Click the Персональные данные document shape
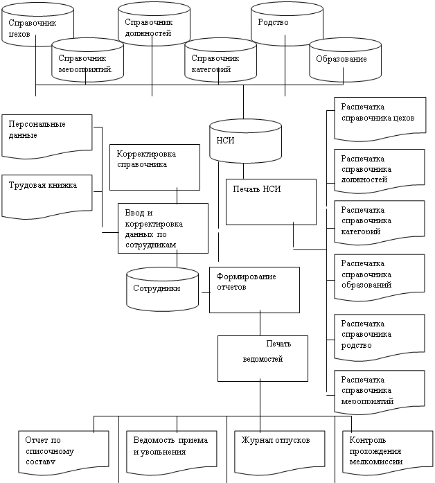point(47,132)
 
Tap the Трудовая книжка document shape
point(47,191)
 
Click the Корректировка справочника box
point(154,166)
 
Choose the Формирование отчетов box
point(255,289)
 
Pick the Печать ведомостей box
point(263,358)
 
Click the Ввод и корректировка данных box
point(162,227)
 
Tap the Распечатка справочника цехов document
point(378,115)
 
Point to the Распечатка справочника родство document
point(378,337)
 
